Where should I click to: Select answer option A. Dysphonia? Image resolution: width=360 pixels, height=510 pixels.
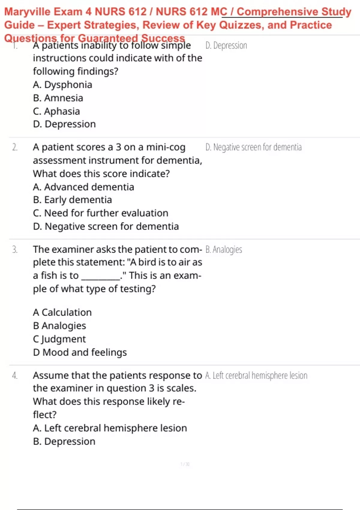pyautogui.click(x=62, y=85)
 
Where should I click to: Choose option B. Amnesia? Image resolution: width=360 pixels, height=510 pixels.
pyautogui.click(x=58, y=98)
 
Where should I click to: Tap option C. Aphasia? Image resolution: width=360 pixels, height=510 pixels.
pyautogui.click(x=56, y=111)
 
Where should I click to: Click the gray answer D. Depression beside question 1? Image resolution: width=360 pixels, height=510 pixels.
pyautogui.click(x=226, y=46)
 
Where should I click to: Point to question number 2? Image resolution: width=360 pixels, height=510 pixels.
pyautogui.click(x=15, y=147)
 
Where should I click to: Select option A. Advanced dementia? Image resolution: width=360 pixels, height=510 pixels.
pyautogui.click(x=83, y=187)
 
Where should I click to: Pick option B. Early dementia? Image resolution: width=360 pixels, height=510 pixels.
pyautogui.click(x=72, y=200)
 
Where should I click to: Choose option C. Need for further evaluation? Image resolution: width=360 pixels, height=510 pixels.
pyautogui.click(x=100, y=213)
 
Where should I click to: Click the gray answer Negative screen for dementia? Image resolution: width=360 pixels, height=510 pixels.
pyautogui.click(x=253, y=147)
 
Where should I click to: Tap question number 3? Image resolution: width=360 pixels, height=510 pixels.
pyautogui.click(x=15, y=250)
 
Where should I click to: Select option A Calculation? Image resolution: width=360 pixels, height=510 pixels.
pyautogui.click(x=62, y=313)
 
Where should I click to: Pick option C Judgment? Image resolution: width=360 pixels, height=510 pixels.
pyautogui.click(x=59, y=339)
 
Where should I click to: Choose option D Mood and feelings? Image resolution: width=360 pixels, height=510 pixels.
pyautogui.click(x=80, y=352)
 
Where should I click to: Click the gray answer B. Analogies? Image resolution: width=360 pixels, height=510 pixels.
pyautogui.click(x=224, y=250)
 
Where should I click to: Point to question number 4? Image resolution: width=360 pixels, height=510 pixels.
pyautogui.click(x=15, y=376)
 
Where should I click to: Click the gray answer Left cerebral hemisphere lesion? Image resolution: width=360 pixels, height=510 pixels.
pyautogui.click(x=256, y=376)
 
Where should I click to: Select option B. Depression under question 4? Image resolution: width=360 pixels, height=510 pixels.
pyautogui.click(x=64, y=442)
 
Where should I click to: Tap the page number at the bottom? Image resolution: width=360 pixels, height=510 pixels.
pyautogui.click(x=185, y=464)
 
